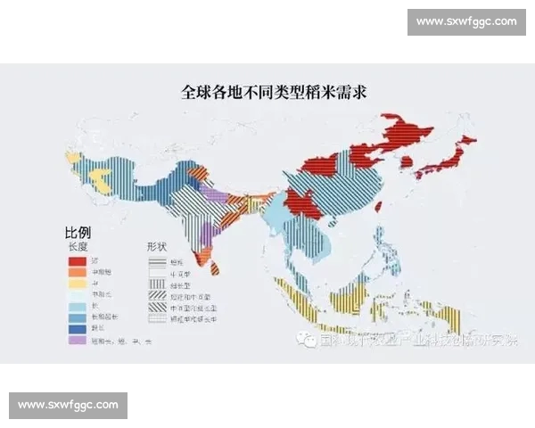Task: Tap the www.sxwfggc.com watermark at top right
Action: click(465, 21)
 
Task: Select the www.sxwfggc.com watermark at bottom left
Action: click(68, 405)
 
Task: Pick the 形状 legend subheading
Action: click(159, 245)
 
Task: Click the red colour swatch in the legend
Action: click(76, 260)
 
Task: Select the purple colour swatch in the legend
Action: click(76, 340)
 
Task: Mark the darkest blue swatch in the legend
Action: click(76, 326)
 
